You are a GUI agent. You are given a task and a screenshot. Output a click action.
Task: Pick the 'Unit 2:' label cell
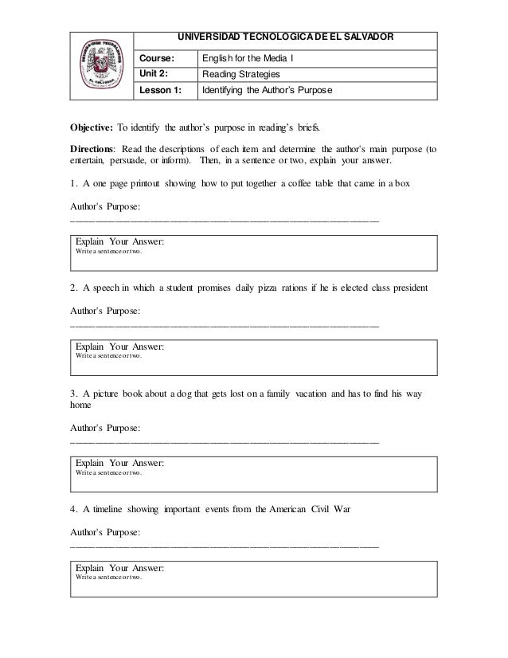(156, 74)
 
